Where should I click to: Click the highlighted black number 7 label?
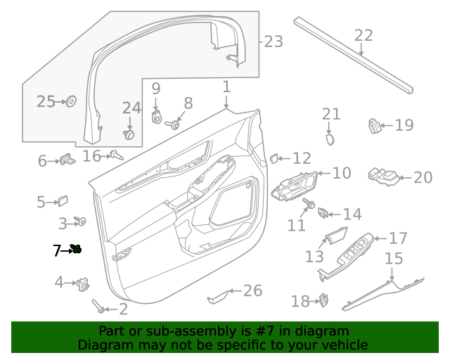click(57, 250)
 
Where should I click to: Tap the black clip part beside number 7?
click(76, 248)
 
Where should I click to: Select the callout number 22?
click(364, 36)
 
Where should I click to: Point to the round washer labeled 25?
click(71, 102)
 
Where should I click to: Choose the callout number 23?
click(274, 41)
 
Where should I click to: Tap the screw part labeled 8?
click(170, 125)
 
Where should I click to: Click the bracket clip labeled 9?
click(157, 117)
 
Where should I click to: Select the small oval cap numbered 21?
click(330, 138)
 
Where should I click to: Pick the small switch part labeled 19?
click(375, 126)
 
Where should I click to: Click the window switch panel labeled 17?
click(355, 250)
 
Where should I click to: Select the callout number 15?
click(394, 259)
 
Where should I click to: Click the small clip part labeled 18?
click(325, 300)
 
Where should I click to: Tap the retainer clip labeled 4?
click(83, 283)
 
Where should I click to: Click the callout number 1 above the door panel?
click(226, 87)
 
